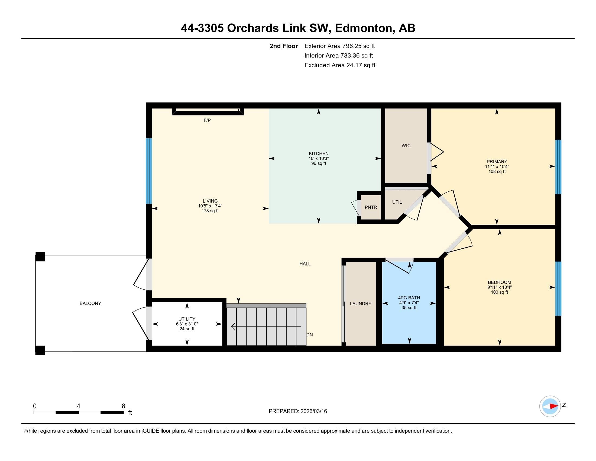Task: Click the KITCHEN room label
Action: tap(319, 153)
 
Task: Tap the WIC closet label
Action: tap(406, 146)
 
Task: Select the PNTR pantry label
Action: tap(371, 207)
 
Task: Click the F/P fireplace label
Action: tap(207, 120)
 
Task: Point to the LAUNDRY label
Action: tap(361, 304)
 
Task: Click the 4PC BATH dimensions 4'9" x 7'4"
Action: tap(409, 303)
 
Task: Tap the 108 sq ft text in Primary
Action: tap(497, 171)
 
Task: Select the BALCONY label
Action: tap(90, 303)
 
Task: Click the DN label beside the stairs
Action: tap(309, 335)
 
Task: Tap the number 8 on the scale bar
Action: tap(123, 406)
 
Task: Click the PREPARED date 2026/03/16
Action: tap(313, 411)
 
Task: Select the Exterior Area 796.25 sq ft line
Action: tap(339, 46)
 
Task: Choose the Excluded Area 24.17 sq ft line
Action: tap(340, 65)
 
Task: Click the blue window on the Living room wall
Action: tap(148, 171)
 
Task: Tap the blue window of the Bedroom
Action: tap(558, 289)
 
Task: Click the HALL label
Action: tap(305, 264)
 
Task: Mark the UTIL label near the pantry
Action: tap(397, 202)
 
